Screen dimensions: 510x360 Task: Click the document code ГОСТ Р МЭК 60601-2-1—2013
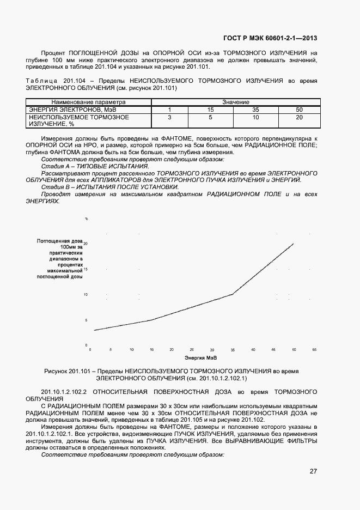[270, 38]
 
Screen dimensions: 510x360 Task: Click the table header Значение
[235, 102]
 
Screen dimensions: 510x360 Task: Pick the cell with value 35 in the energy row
[255, 110]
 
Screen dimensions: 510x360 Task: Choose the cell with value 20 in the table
[298, 117]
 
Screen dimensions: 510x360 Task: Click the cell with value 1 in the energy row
[169, 110]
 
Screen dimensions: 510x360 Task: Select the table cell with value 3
[169, 117]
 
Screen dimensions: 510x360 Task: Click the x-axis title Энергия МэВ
[200, 358]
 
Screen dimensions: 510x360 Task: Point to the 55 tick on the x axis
[314, 349]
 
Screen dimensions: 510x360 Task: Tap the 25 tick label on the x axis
[192, 349]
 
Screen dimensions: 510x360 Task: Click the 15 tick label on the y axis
[85, 269]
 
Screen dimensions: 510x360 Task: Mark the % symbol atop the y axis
[86, 218]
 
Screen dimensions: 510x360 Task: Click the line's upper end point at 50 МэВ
[294, 244]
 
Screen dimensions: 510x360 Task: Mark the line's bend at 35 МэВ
[233, 294]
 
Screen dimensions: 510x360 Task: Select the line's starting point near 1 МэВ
[94, 330]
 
